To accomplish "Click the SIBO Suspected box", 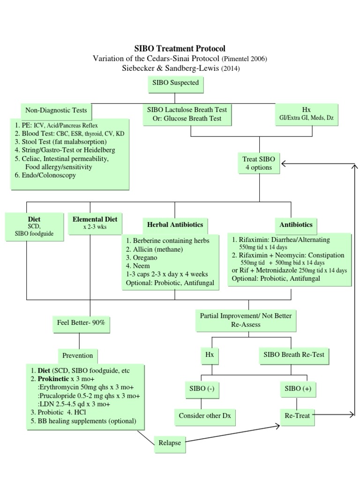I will click(x=175, y=83).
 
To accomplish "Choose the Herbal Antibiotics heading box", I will click(x=175, y=225).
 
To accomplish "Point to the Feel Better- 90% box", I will click(x=78, y=323).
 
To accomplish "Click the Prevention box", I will click(x=78, y=355).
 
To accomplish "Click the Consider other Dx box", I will click(x=202, y=415).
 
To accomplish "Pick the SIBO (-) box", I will click(x=202, y=389).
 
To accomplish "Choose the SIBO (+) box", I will click(x=297, y=389).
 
